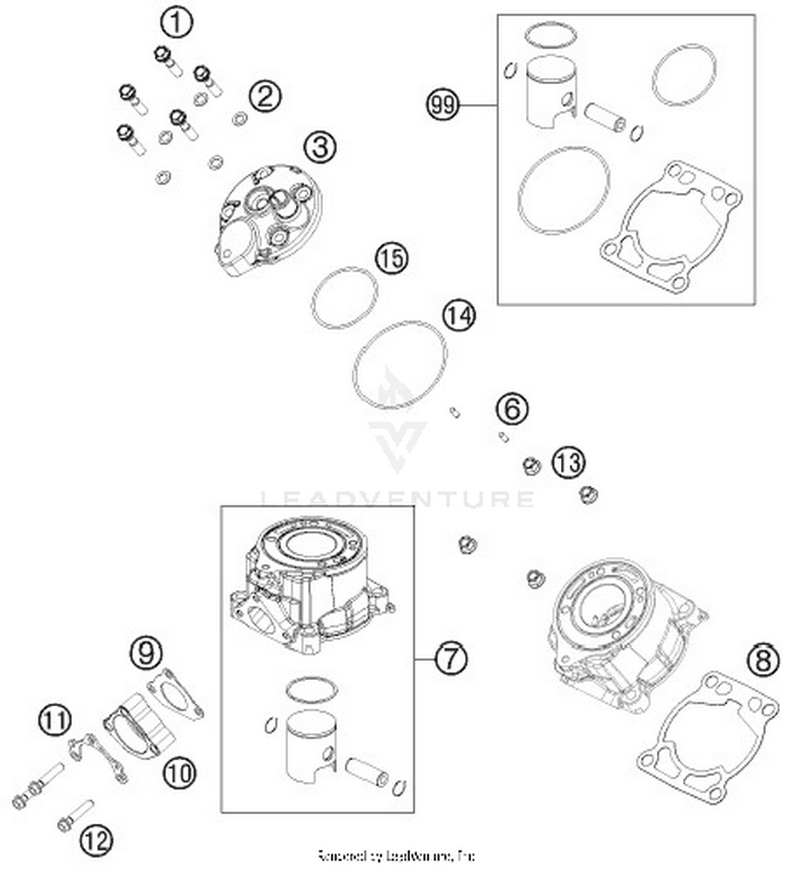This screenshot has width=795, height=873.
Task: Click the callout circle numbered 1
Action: tap(176, 23)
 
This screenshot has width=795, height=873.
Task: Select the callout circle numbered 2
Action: tap(265, 96)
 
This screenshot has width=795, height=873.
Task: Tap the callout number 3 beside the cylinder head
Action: tap(320, 147)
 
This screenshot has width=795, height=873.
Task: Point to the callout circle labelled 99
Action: tap(443, 105)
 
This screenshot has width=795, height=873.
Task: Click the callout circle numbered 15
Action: tap(392, 259)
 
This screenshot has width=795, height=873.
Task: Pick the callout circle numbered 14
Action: tap(459, 316)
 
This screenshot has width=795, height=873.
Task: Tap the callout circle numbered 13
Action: tap(569, 462)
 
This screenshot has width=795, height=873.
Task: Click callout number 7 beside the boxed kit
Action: tap(451, 659)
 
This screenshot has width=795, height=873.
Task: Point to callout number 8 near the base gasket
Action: tap(763, 661)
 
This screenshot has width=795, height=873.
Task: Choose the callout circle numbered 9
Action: tap(147, 653)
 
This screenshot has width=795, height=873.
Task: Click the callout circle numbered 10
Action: tap(179, 774)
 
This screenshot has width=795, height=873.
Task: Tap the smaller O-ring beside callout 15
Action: tap(344, 298)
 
